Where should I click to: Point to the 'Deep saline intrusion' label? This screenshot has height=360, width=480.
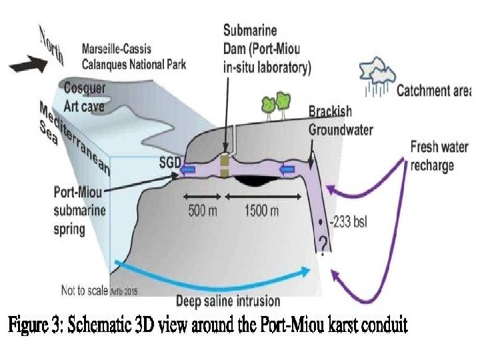point(229,300)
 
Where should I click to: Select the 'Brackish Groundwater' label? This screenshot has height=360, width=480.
point(340,121)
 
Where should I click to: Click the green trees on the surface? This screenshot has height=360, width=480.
point(277,103)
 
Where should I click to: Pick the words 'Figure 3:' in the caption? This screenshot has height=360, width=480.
point(34,326)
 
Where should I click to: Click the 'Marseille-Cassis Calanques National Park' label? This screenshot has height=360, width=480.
point(133,56)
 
